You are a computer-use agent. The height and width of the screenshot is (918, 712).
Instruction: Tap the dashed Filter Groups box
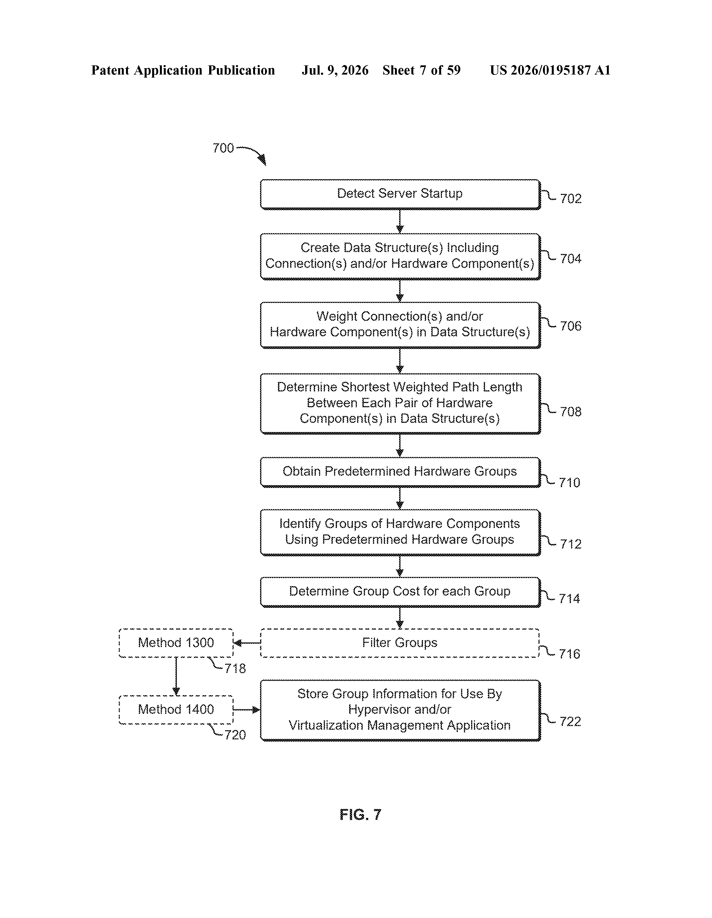[x=400, y=643]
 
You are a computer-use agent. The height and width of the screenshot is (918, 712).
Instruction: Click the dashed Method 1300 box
[x=176, y=643]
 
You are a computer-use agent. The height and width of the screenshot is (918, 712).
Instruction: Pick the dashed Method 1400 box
[x=176, y=710]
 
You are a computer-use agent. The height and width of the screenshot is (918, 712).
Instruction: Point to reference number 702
[x=571, y=198]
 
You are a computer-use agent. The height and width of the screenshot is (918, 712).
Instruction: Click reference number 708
[x=571, y=411]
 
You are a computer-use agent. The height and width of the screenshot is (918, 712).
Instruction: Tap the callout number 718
[x=235, y=668]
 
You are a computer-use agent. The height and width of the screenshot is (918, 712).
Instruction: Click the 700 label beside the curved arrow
[x=223, y=148]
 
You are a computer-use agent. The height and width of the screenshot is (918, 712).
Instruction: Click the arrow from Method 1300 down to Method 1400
[x=176, y=676]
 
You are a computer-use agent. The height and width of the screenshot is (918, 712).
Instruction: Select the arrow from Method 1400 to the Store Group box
[x=247, y=710]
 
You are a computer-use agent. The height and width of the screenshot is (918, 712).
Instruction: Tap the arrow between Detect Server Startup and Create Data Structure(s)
[x=400, y=221]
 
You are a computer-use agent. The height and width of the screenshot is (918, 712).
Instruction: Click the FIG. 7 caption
[x=360, y=815]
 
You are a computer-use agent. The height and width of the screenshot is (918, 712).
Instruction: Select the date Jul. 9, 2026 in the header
[x=335, y=70]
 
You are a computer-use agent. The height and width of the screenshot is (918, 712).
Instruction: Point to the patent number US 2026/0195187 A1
[x=550, y=70]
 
